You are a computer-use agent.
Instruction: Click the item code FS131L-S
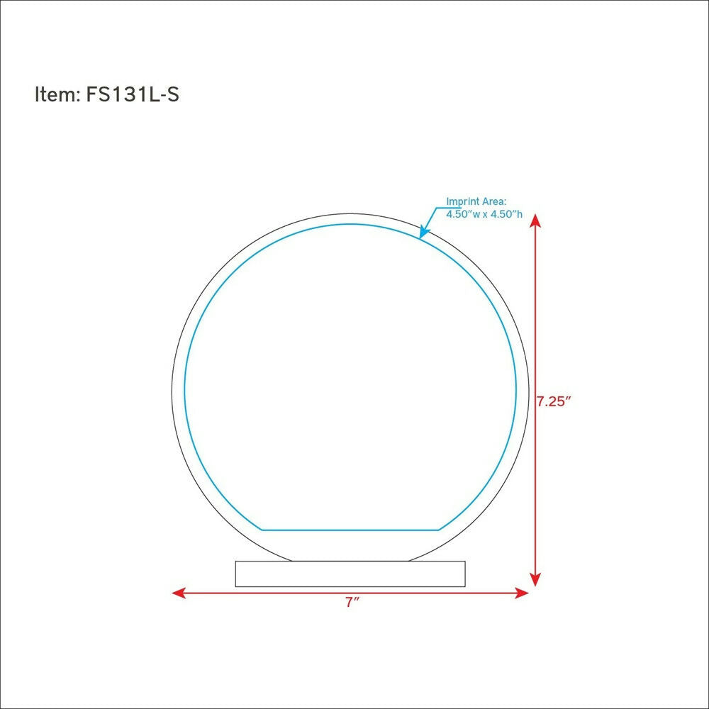tap(133, 94)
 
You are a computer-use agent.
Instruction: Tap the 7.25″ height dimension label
tap(554, 401)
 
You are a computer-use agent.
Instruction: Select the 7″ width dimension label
tap(352, 603)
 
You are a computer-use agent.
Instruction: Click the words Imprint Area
tap(476, 201)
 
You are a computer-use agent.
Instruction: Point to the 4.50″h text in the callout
tap(506, 214)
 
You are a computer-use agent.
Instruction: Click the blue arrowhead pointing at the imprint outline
tap(424, 231)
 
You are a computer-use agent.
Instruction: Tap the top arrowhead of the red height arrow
tap(535, 220)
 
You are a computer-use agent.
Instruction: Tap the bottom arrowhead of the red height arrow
tap(535, 579)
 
